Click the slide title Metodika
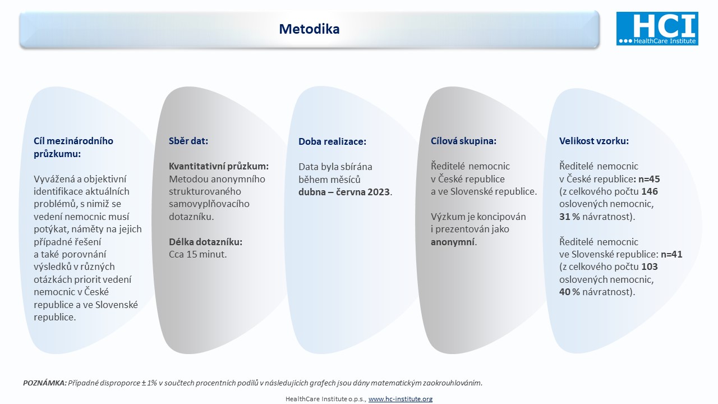coord(309,29)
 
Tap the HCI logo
coord(657,28)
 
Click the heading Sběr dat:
coord(188,141)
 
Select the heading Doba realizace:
coord(333,141)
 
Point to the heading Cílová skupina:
coord(463,141)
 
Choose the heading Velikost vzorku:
coord(594,141)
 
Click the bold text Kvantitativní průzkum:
coord(219,167)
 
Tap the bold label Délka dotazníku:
coord(206,242)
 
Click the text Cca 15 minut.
coord(198,254)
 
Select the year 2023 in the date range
coord(379,192)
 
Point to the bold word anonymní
coord(453,242)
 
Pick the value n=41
coord(671,254)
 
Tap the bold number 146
coord(650,191)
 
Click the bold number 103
coord(650,267)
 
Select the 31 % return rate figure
coord(569,217)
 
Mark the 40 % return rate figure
coord(569,292)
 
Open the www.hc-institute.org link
coord(401,399)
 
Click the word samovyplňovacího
coord(209,204)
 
